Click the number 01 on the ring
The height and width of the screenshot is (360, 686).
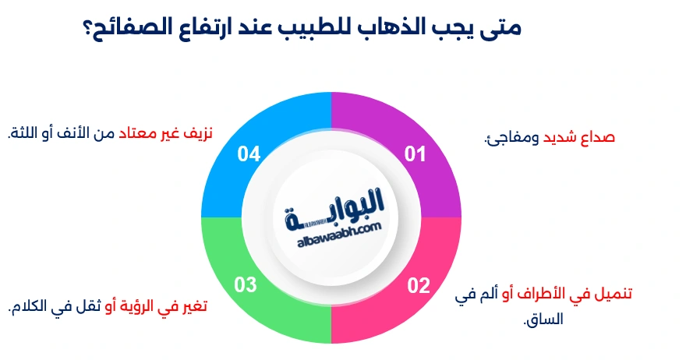[415, 154]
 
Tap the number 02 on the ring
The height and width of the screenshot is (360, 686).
[419, 285]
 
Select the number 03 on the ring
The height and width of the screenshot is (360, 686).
[246, 285]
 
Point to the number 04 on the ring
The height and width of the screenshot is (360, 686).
[249, 154]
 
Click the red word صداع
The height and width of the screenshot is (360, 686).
[598, 138]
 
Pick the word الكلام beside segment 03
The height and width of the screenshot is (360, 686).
[31, 307]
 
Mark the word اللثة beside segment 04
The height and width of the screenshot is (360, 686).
[24, 133]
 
